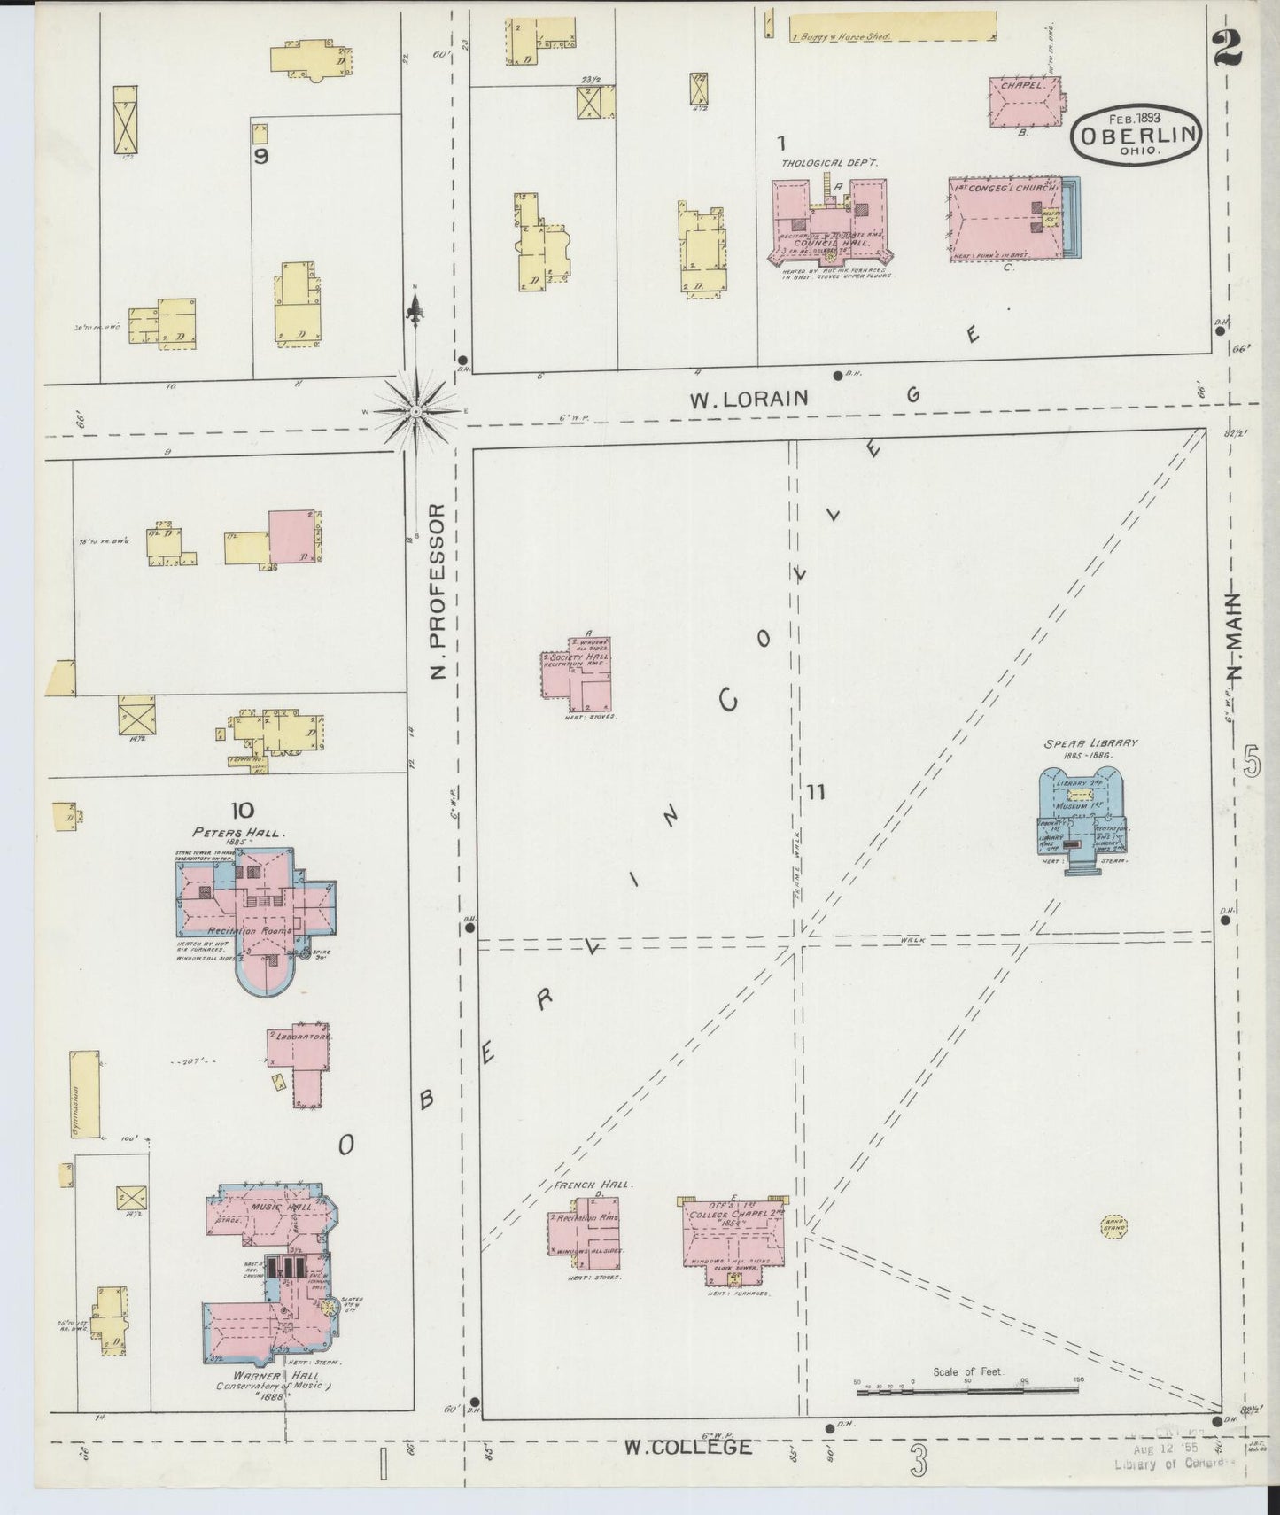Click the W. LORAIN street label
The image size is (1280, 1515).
point(749,400)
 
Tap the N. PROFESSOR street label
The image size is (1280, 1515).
point(436,592)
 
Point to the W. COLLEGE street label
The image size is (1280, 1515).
point(688,1447)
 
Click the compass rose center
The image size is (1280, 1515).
point(415,410)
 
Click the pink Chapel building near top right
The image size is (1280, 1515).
point(1026,102)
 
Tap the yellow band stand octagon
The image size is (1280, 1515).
point(1113,1229)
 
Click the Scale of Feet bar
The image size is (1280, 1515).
point(968,1394)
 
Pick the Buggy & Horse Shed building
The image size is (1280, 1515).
point(891,27)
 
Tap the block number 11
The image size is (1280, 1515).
point(815,791)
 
